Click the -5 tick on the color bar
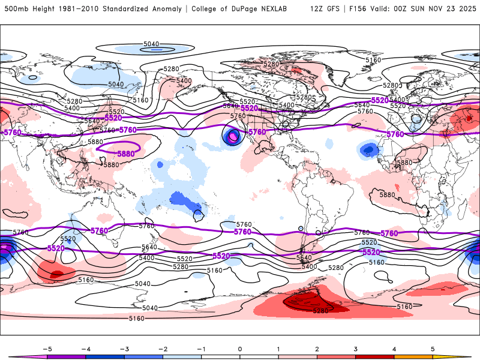point(46,348)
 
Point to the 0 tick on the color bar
point(239,348)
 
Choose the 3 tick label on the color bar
point(355,348)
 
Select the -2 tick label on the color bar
point(163,348)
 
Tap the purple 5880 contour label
point(125,154)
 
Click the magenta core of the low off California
point(232,137)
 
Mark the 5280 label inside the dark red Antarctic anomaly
point(320,311)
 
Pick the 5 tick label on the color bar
point(433,348)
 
